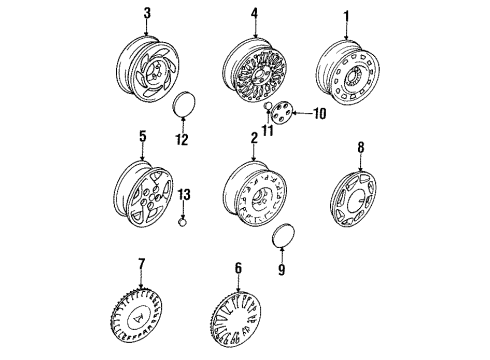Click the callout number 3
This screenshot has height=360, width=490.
pos(147,13)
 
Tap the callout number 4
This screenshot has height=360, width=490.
pos(254,13)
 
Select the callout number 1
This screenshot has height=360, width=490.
pos(346,16)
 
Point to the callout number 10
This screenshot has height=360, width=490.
pos(320,114)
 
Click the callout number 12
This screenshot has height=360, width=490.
pos(182,139)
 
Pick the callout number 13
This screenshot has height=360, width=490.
pos(184,195)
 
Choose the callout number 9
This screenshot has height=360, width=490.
pos(282,269)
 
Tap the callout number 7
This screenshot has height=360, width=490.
pos(142,264)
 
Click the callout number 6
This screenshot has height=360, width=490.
pos(238,268)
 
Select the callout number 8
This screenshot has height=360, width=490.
pos(361,147)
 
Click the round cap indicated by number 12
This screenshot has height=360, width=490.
pos(184,104)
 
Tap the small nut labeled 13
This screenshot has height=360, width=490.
pos(182,222)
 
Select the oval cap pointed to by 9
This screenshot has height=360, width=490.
pos(284,235)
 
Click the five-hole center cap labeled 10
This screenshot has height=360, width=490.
pos(281,113)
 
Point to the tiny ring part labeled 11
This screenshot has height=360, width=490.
pos(268,106)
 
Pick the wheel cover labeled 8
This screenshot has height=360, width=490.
pos(354,199)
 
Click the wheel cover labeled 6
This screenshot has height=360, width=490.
pos(236,319)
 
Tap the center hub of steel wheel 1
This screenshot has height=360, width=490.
pos(353,78)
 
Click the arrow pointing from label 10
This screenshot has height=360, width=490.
pos(302,113)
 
